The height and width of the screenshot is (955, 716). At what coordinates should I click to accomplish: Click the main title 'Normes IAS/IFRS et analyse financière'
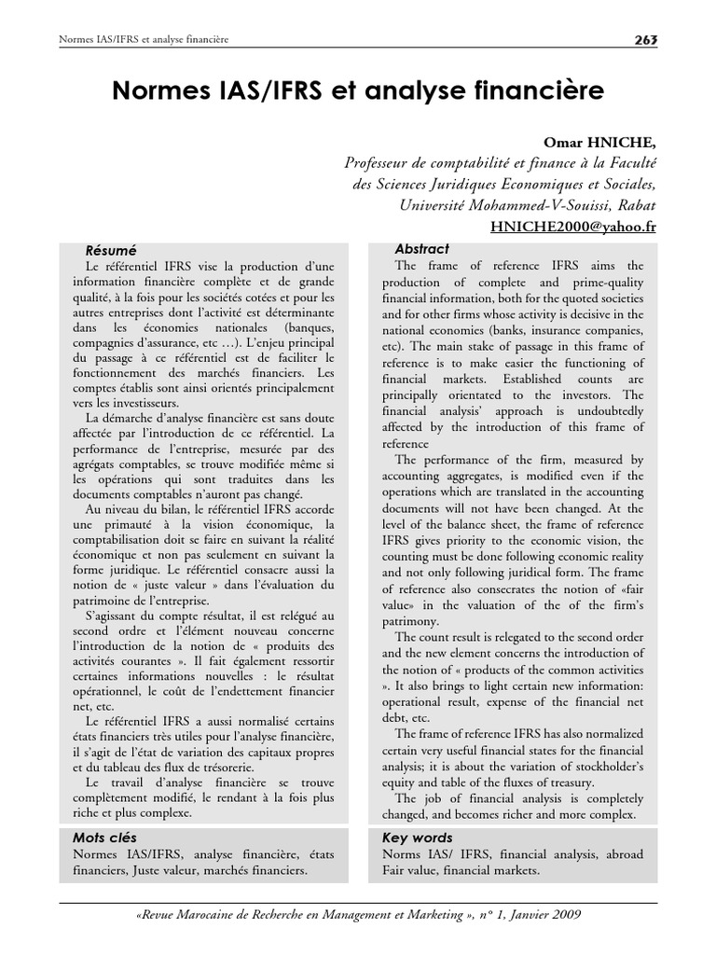click(x=358, y=90)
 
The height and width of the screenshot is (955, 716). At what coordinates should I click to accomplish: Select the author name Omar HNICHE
click(x=609, y=142)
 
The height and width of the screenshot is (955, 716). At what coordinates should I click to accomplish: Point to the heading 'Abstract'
click(x=421, y=249)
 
